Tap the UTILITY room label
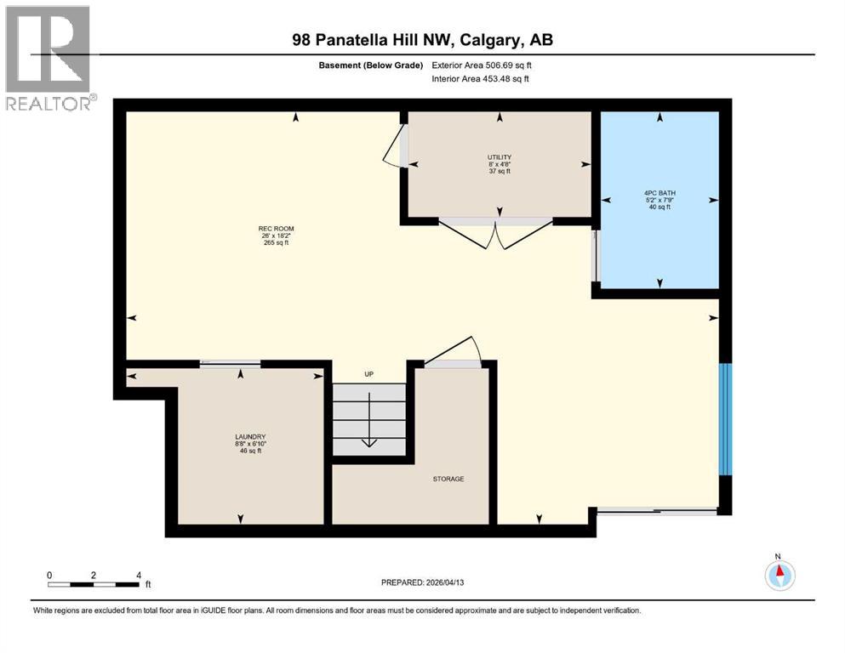click(499, 156)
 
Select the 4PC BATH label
click(659, 193)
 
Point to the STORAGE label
click(448, 479)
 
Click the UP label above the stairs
click(368, 374)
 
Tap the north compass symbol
click(779, 576)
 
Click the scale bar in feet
click(94, 584)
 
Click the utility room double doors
click(499, 232)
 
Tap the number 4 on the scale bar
click(138, 575)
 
